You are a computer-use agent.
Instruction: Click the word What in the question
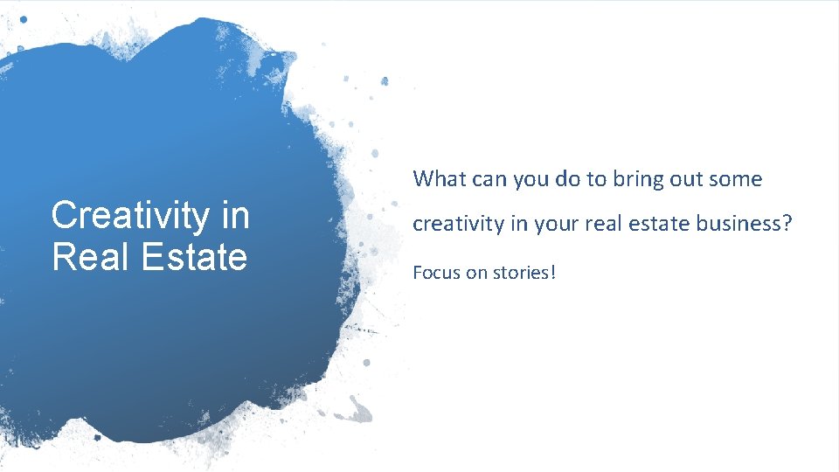click(x=440, y=179)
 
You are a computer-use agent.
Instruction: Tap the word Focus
click(x=436, y=272)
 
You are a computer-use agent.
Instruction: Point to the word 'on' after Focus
click(x=475, y=273)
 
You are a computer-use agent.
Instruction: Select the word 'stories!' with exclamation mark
click(x=524, y=272)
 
